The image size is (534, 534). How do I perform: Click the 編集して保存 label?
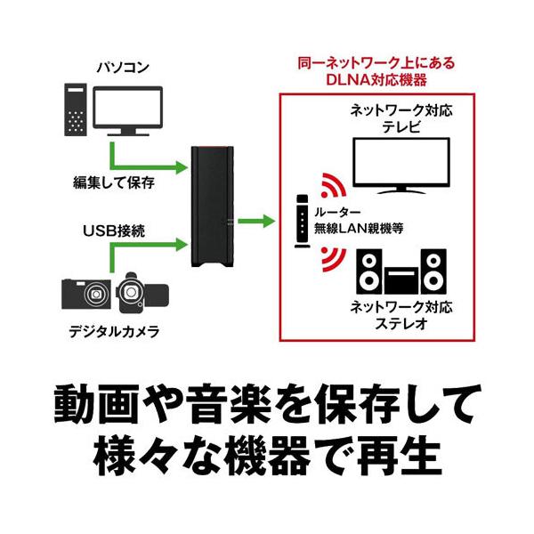tap(113, 184)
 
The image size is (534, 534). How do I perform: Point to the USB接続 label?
tap(113, 231)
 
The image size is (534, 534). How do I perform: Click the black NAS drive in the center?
tap(214, 209)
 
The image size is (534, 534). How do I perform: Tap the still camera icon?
tap(88, 293)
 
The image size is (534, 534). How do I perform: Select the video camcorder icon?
tap(137, 291)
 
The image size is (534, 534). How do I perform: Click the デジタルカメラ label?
tap(114, 336)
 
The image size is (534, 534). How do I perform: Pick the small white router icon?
tap(299, 219)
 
